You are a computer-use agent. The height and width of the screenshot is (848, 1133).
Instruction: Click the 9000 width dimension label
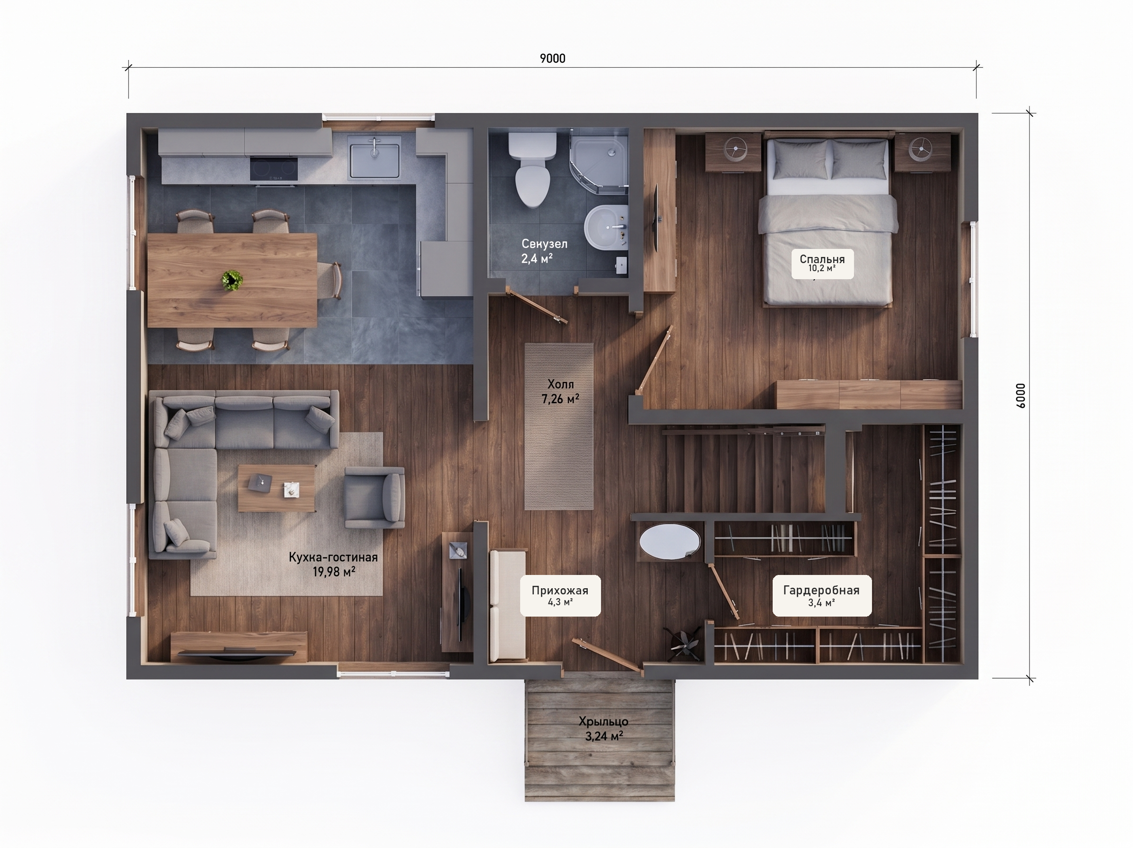coord(553,59)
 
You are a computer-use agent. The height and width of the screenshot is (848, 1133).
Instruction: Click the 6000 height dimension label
coord(1020,395)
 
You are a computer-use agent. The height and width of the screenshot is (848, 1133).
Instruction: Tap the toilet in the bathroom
coord(532,169)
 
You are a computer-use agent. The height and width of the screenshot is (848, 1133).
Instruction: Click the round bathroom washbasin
coord(605,227)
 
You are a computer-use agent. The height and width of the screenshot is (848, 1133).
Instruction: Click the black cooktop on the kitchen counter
coord(273,168)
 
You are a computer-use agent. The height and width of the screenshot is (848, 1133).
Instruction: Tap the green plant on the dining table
coord(232,280)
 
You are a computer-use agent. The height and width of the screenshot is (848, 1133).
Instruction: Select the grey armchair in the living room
coord(375,497)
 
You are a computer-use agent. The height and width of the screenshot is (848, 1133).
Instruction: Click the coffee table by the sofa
coord(277,487)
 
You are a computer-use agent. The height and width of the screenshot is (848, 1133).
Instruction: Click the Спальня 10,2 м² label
coord(822,264)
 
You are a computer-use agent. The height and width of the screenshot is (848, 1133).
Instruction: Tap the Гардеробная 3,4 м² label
coord(821,596)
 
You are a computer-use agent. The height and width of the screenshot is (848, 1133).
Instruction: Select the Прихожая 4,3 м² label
coord(560,596)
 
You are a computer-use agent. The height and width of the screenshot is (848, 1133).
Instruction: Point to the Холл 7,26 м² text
coord(560,391)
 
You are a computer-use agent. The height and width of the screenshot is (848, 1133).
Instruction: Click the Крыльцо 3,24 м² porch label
coord(604,729)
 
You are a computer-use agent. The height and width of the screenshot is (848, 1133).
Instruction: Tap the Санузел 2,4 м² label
coord(544,251)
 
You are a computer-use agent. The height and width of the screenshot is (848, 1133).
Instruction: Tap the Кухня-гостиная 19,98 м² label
coord(333,564)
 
